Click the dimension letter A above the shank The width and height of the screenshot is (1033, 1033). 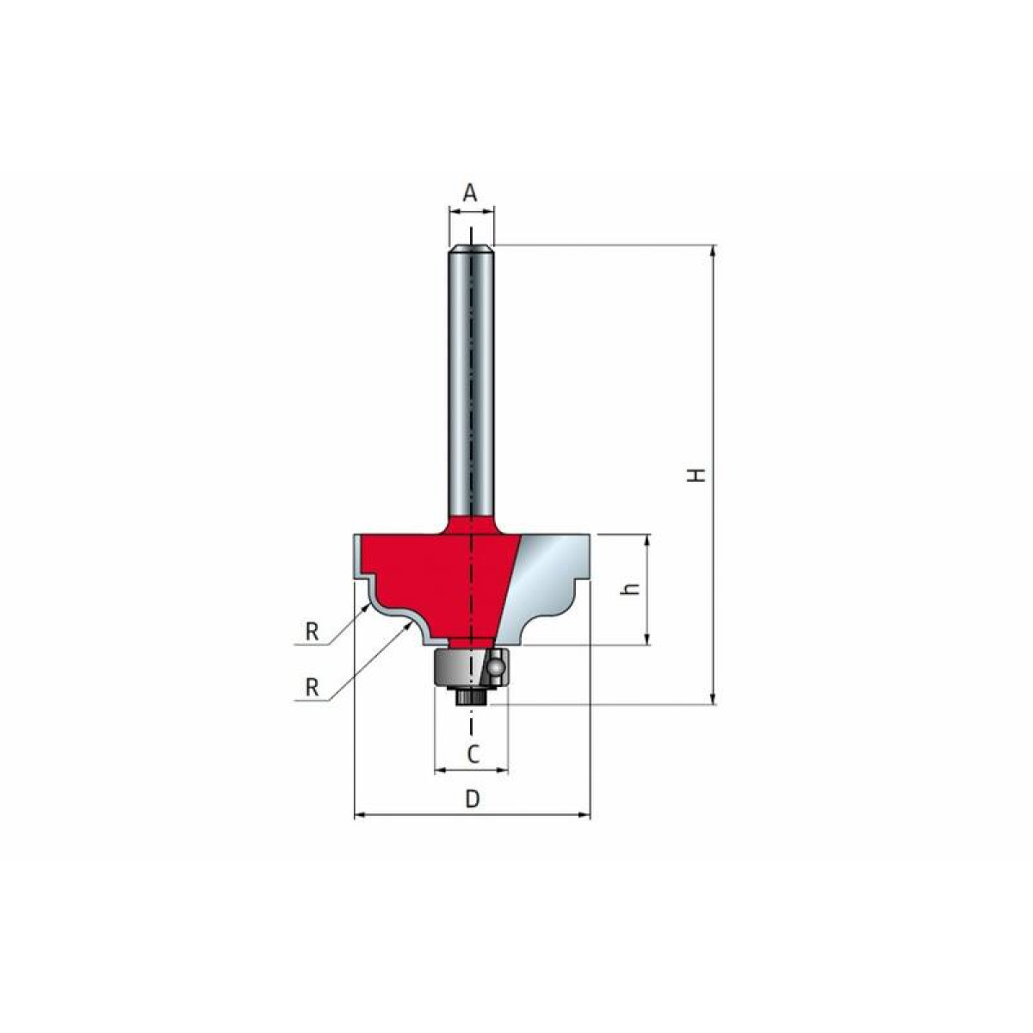click(x=470, y=193)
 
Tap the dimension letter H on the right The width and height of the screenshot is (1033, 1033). click(x=696, y=475)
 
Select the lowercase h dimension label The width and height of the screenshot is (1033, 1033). click(x=633, y=588)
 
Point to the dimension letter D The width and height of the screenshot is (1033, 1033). click(x=472, y=813)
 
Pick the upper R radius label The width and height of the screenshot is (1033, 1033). click(x=312, y=633)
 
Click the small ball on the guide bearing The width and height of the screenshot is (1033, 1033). click(x=497, y=667)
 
